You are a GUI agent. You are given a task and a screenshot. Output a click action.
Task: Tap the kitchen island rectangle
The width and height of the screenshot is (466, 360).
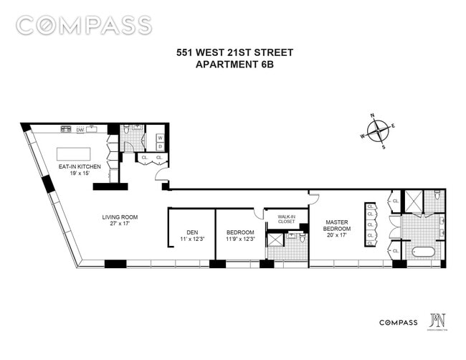(75, 156)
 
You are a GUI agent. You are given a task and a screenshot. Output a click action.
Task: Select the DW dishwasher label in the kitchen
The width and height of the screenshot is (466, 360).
(80, 130)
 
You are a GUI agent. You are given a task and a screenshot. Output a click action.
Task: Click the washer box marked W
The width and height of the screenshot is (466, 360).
(160, 138)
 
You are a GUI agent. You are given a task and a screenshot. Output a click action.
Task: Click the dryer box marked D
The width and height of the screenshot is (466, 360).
(160, 146)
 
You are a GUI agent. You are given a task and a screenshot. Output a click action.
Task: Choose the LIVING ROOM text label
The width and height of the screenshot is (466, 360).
(119, 217)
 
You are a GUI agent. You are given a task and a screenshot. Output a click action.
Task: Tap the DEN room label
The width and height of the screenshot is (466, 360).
(191, 232)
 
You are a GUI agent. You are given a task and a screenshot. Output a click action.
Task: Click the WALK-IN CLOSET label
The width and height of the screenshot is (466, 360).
(286, 219)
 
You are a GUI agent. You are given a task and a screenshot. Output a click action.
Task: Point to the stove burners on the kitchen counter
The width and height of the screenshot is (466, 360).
(66, 130)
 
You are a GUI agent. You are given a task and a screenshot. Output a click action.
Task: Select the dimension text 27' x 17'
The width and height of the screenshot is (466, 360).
(119, 224)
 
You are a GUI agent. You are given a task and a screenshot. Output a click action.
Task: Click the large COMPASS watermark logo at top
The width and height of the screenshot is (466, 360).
(84, 25)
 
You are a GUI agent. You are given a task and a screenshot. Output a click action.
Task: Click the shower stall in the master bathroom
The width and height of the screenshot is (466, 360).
(414, 202)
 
